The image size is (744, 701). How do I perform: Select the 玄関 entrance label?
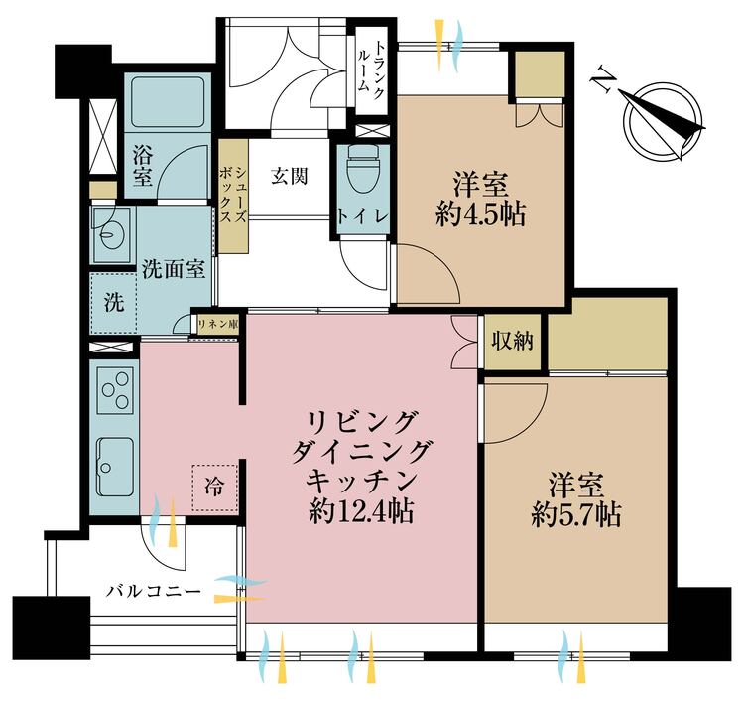(x=289, y=177)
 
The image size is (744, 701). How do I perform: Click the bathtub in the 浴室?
(x=167, y=101)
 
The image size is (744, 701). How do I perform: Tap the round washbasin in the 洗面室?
(x=109, y=234)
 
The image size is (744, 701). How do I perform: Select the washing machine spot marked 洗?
(x=113, y=302)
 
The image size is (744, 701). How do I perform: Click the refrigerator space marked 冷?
(x=214, y=487)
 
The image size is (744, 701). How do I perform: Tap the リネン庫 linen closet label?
(x=217, y=324)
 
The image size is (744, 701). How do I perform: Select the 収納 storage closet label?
(x=513, y=341)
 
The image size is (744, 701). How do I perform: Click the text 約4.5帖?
(x=480, y=214)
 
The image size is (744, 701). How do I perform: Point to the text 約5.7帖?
(x=576, y=515)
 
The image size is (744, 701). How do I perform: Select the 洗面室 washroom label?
(x=173, y=269)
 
